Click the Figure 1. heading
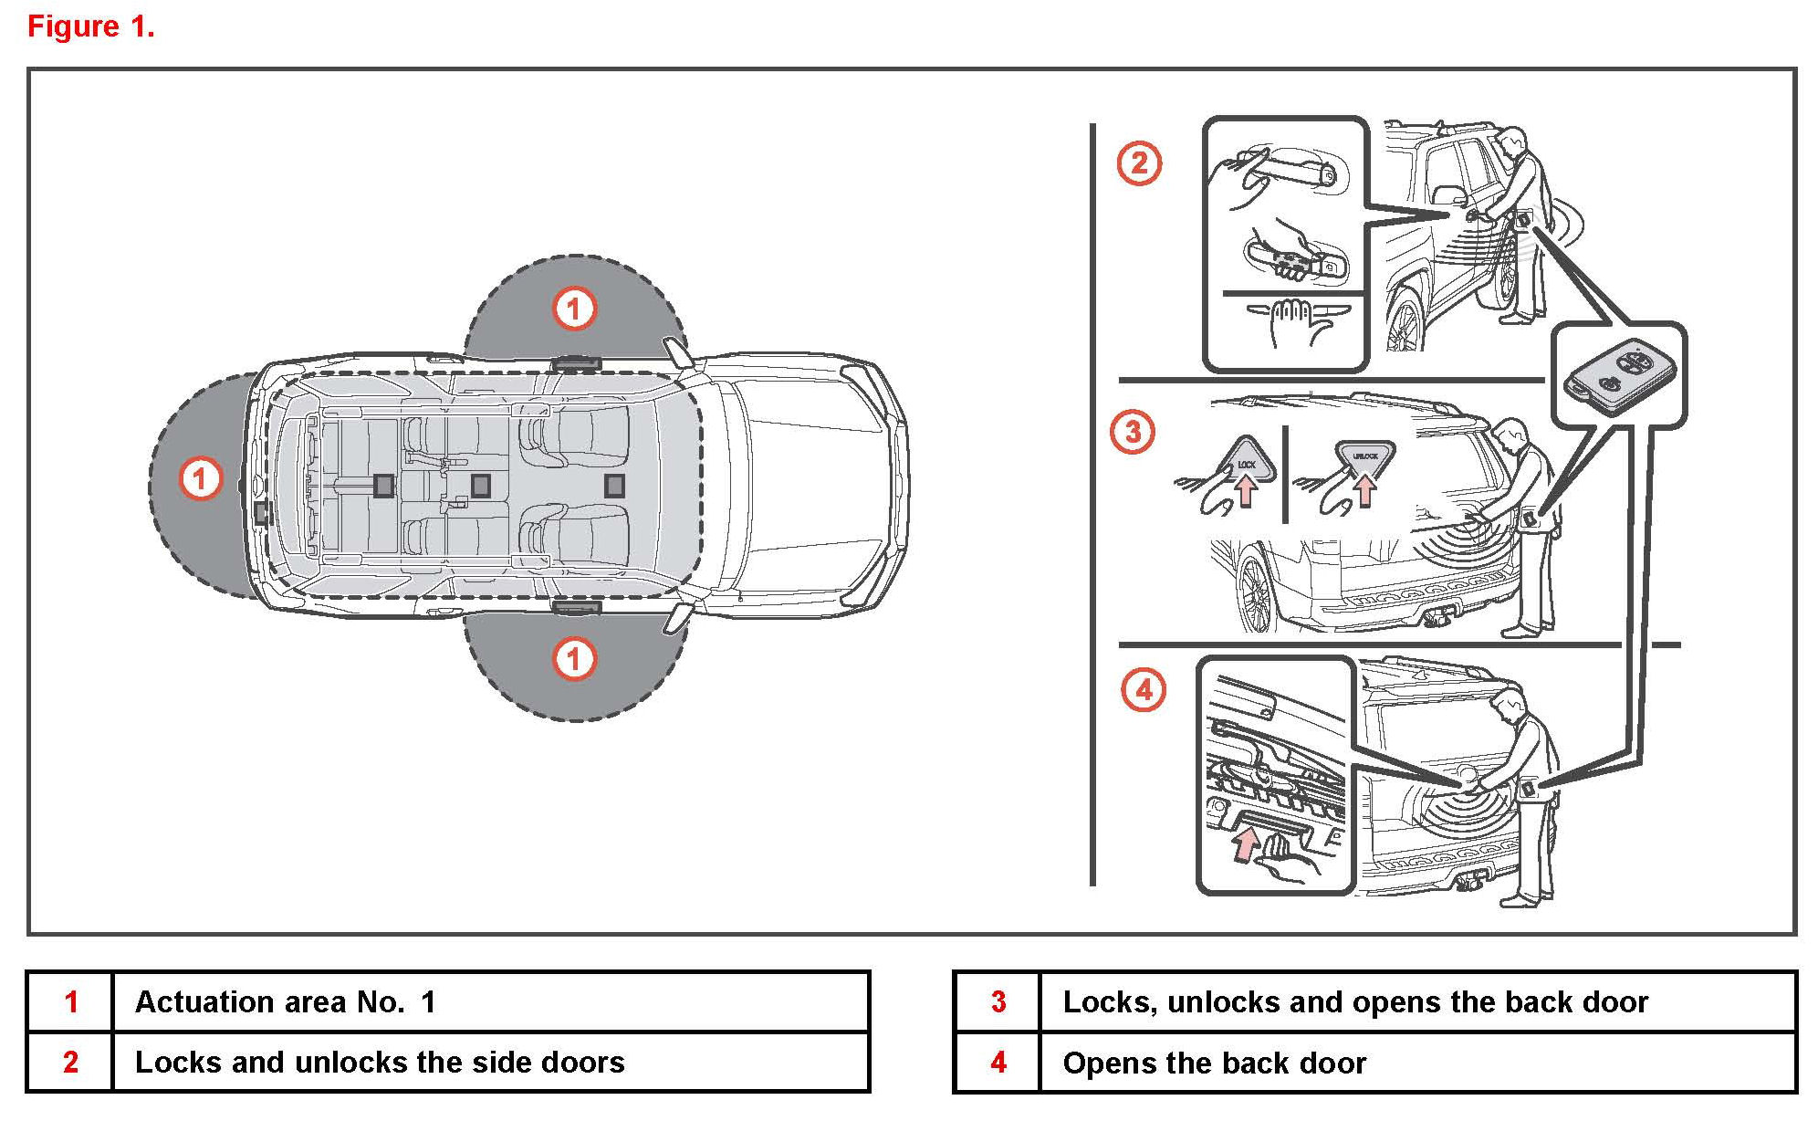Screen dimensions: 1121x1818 pyautogui.click(x=91, y=26)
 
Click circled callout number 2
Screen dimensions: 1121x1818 pyautogui.click(x=1139, y=164)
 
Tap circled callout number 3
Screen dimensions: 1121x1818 pyautogui.click(x=1132, y=432)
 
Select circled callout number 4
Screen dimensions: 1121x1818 pyautogui.click(x=1144, y=690)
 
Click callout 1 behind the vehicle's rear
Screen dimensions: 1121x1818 pyautogui.click(x=200, y=479)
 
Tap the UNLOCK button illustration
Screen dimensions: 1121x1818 pyautogui.click(x=1365, y=456)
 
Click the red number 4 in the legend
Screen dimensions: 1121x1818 pyautogui.click(x=998, y=1063)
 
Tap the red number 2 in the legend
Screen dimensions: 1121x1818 pyautogui.click(x=70, y=1063)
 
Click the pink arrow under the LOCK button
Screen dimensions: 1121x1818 pyautogui.click(x=1246, y=492)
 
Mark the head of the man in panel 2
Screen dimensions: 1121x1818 pyautogui.click(x=1512, y=141)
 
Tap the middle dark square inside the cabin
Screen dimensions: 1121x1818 pyautogui.click(x=480, y=485)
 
